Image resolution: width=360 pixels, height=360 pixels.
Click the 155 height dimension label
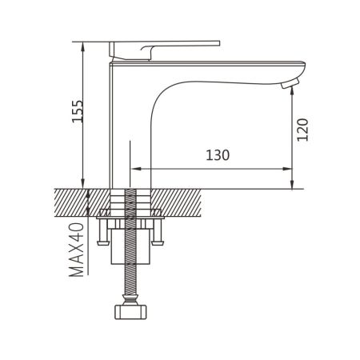tap(75, 114)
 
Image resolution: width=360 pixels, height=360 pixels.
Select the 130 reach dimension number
tap(218, 156)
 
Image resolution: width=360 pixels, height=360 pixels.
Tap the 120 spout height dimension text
tap(302, 127)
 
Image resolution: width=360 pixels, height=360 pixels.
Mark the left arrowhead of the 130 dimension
tap(134, 169)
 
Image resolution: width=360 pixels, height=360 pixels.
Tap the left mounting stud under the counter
tap(102, 233)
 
